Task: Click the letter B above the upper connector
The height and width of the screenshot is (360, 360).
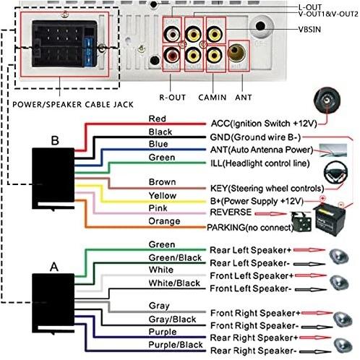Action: click(55, 140)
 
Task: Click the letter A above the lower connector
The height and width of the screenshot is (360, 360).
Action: click(54, 267)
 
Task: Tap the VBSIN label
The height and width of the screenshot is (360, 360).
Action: click(309, 30)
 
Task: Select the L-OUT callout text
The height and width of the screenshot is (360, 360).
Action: click(310, 7)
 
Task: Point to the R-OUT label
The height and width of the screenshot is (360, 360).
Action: click(173, 98)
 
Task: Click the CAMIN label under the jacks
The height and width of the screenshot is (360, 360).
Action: click(213, 98)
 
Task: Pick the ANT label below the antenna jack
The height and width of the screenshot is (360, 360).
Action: click(244, 98)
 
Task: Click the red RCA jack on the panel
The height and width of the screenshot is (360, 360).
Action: click(172, 56)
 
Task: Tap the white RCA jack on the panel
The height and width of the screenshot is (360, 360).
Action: click(172, 34)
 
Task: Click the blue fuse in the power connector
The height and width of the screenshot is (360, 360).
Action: click(88, 52)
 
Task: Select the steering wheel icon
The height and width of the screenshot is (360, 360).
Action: click(335, 173)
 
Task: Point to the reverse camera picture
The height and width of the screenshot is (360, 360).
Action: click(301, 221)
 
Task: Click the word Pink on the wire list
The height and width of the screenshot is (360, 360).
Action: click(158, 208)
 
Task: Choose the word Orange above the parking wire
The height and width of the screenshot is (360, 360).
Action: click(164, 221)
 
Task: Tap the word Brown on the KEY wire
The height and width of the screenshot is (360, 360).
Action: click(162, 182)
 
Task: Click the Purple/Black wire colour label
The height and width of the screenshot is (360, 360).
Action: click(176, 345)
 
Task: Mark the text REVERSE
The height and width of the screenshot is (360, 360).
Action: click(231, 213)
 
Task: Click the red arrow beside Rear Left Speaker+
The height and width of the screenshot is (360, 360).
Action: click(309, 250)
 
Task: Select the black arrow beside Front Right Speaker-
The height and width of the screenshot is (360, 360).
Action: click(317, 327)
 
